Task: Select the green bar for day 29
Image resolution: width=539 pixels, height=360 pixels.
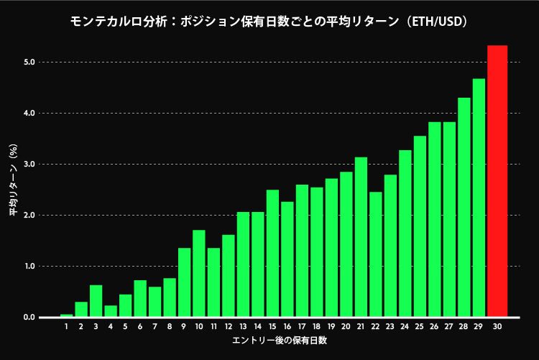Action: (x=479, y=198)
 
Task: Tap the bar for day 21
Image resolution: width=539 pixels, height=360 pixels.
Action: (x=361, y=237)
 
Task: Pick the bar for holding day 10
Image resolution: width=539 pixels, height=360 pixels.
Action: (x=199, y=274)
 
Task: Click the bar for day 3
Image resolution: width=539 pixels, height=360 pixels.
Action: (x=96, y=301)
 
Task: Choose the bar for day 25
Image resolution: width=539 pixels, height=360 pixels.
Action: (x=420, y=226)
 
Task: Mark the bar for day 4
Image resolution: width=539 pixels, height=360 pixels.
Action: (x=111, y=311)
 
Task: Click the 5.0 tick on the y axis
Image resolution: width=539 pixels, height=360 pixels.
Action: (x=29, y=63)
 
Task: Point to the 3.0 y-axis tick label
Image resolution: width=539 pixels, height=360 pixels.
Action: (x=29, y=165)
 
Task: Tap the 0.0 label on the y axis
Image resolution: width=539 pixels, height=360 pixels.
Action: (x=29, y=318)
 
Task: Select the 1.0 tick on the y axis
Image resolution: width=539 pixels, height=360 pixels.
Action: (x=29, y=267)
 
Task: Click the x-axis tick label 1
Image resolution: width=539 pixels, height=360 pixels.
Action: (x=66, y=327)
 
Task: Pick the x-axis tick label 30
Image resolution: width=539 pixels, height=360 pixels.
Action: (x=497, y=327)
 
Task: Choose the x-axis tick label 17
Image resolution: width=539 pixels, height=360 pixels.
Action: (x=302, y=327)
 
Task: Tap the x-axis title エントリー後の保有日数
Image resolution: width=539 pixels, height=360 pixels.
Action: (x=280, y=341)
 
